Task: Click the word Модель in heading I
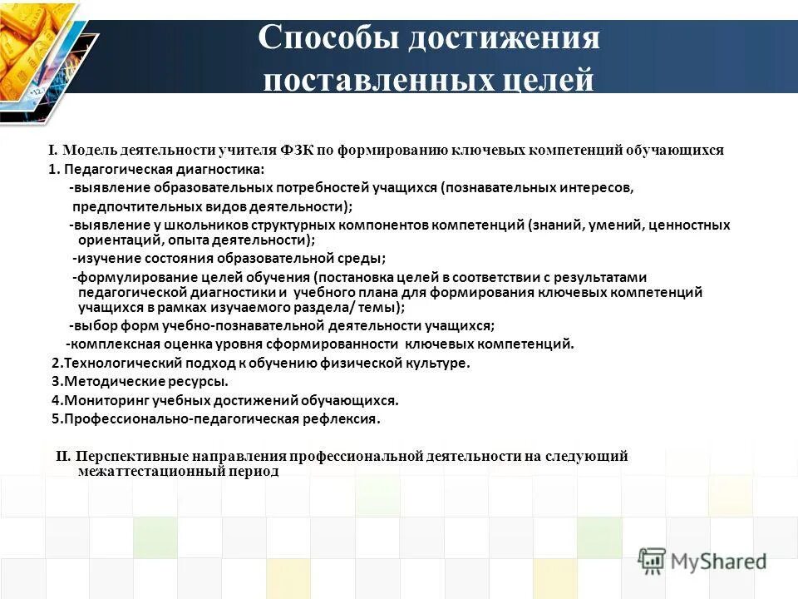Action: (88, 151)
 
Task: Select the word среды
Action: (366, 259)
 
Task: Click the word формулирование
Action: (130, 278)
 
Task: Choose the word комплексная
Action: (108, 344)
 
